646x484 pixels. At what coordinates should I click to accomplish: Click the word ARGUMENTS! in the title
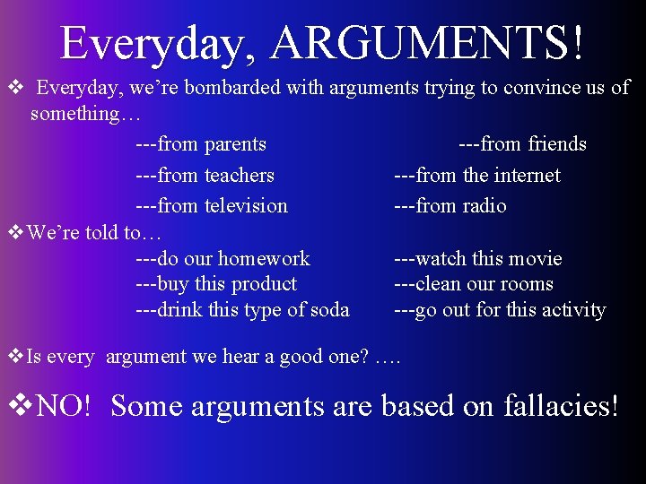pyautogui.click(x=429, y=42)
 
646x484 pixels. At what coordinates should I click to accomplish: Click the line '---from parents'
pyautogui.click(x=200, y=144)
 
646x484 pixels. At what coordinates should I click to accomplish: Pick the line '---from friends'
pyautogui.click(x=522, y=144)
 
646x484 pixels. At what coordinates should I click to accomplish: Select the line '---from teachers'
pyautogui.click(x=205, y=175)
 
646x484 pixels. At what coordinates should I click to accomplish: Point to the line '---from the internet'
pyautogui.click(x=477, y=175)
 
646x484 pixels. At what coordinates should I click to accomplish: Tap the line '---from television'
pyautogui.click(x=212, y=205)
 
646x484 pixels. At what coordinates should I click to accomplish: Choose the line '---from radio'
pyautogui.click(x=450, y=205)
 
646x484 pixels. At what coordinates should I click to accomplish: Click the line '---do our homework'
pyautogui.click(x=223, y=259)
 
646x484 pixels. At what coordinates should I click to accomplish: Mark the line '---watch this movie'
pyautogui.click(x=478, y=259)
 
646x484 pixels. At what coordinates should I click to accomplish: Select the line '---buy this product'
pyautogui.click(x=216, y=284)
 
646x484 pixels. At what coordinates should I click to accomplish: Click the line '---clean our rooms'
pyautogui.click(x=474, y=284)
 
